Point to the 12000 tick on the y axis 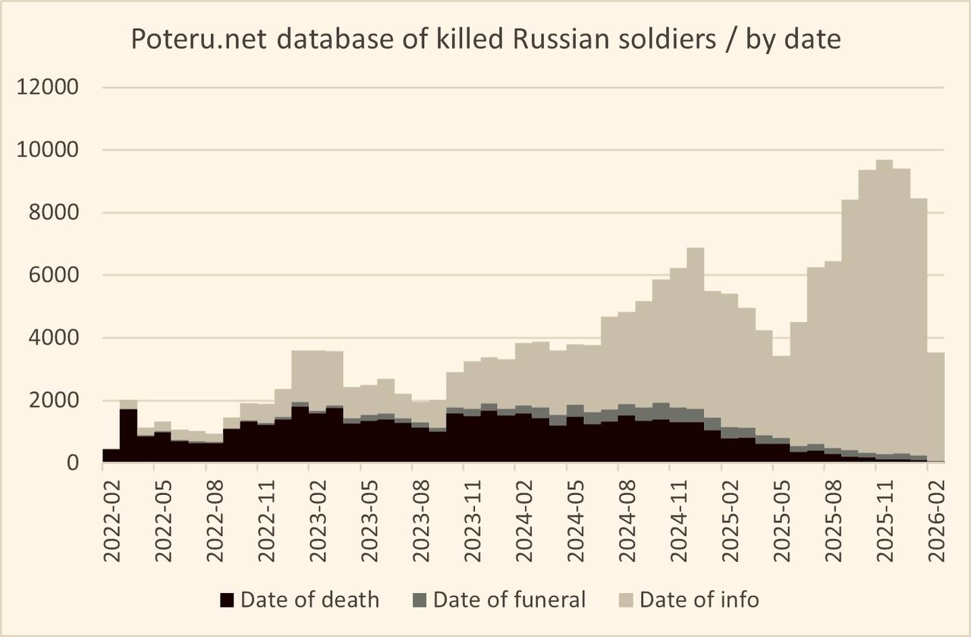click(x=47, y=87)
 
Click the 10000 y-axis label click(x=47, y=150)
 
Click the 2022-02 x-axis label click(x=112, y=516)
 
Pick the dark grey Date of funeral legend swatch click(x=420, y=601)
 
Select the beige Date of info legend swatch click(x=626, y=601)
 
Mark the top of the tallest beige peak click(x=885, y=161)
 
